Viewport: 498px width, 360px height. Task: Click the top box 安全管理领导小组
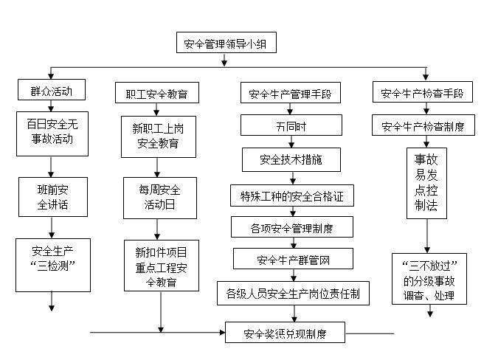tap(226, 44)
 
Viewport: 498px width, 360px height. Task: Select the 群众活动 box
tap(51, 91)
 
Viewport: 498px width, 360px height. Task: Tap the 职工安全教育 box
tap(156, 94)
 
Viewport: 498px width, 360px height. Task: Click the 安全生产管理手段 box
tap(290, 94)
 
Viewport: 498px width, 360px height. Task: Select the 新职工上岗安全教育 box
tap(159, 136)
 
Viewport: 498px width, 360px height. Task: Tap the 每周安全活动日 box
tap(159, 197)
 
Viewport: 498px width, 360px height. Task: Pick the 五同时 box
tap(291, 125)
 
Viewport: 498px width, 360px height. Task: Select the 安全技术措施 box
tap(291, 159)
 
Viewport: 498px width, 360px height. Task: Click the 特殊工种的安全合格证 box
tap(291, 197)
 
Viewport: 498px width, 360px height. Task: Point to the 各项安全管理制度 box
tap(291, 227)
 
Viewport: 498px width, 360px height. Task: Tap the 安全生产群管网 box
tap(291, 259)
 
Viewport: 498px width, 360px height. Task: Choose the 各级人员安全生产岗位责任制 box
tap(293, 293)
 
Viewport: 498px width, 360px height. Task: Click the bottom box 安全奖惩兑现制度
tap(285, 333)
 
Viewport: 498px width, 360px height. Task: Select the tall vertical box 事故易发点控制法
tap(426, 183)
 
